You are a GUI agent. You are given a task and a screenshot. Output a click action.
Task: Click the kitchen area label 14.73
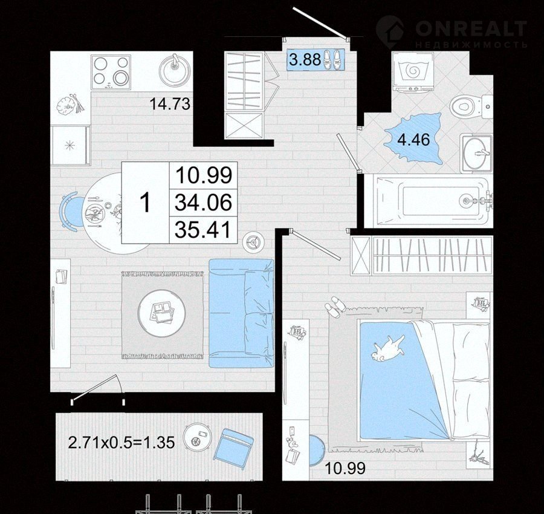pyautogui.click(x=170, y=104)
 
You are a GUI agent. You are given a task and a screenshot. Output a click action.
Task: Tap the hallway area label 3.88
pyautogui.click(x=305, y=60)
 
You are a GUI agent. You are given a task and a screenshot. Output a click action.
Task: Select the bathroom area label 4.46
pyautogui.click(x=413, y=140)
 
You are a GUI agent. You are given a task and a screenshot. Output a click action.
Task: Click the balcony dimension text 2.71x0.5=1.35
pyautogui.click(x=121, y=443)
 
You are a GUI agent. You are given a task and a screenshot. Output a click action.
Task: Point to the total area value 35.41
pyautogui.click(x=203, y=230)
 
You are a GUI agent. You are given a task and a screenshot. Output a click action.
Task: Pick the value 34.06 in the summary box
pyautogui.click(x=203, y=203)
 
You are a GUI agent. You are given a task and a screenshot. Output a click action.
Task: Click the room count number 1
pyautogui.click(x=145, y=203)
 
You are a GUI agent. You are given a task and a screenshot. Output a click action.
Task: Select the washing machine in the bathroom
pyautogui.click(x=413, y=72)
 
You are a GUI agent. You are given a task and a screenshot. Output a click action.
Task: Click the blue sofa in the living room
pyautogui.click(x=241, y=313)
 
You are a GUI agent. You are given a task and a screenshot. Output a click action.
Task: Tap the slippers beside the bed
pyautogui.click(x=335, y=307)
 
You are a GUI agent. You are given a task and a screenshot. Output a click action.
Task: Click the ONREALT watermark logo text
pyautogui.click(x=471, y=28)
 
